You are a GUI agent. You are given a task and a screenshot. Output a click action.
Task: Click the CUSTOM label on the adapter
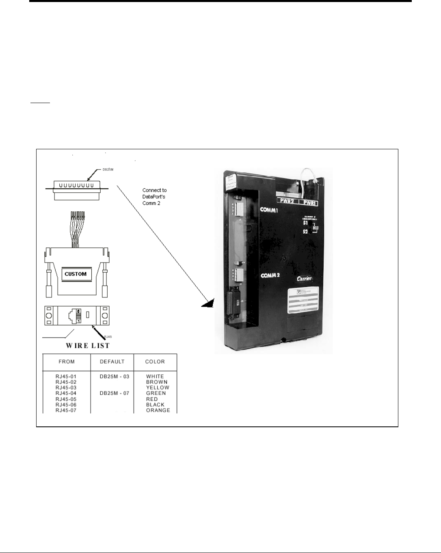(76, 274)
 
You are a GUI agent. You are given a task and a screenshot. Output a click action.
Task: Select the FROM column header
(67, 361)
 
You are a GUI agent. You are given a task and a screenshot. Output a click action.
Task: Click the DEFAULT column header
(112, 361)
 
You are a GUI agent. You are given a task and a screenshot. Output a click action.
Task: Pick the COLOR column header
(155, 361)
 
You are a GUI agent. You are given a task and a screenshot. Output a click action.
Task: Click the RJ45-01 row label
(66, 377)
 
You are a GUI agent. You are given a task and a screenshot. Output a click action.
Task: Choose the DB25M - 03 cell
(115, 377)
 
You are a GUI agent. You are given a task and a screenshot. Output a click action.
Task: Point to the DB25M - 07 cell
(115, 393)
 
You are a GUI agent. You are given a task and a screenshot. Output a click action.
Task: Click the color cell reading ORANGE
(158, 410)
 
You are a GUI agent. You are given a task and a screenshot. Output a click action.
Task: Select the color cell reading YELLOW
(158, 387)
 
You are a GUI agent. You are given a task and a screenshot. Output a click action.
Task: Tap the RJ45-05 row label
(66, 399)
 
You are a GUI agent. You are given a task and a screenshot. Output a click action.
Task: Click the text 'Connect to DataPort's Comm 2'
(154, 196)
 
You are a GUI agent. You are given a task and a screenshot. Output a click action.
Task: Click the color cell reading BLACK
(155, 405)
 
